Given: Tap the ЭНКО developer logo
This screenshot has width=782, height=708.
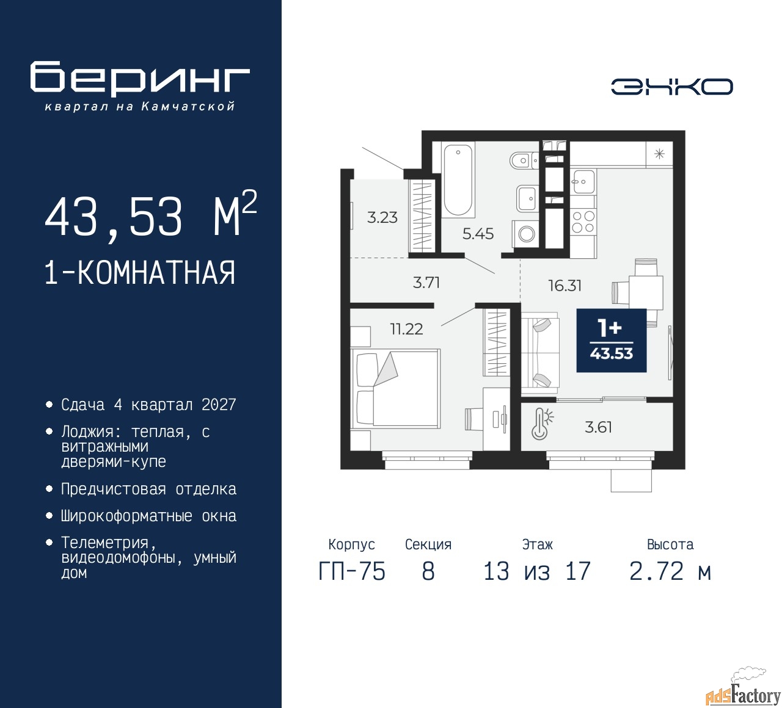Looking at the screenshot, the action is tap(671, 87).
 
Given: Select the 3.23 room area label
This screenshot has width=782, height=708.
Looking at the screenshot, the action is tap(382, 217).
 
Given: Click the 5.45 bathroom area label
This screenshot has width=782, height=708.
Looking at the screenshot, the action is tap(478, 234).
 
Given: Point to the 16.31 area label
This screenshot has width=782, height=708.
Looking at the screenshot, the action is tap(565, 286).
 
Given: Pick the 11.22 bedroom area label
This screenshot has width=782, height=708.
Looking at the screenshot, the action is tap(406, 329).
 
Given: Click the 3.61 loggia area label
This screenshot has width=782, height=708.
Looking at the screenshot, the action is tap(598, 427).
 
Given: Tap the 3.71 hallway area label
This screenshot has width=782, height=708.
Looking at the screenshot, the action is tap(426, 283).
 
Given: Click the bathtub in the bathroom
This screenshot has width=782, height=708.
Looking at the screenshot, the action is tap(458, 179).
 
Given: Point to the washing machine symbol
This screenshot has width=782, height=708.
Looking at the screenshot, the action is tap(525, 234).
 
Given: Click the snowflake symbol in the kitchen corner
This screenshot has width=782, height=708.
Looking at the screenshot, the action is tap(659, 154).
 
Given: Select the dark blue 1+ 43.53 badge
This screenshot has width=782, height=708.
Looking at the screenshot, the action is tap(612, 341).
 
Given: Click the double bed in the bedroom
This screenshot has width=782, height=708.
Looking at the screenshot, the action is tap(395, 388).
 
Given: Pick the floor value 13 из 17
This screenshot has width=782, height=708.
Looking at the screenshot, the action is tap(537, 571).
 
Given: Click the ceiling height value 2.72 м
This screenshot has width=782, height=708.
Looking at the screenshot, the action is tap(670, 571).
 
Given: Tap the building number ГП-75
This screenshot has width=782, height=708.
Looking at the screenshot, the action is tap(352, 571).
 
